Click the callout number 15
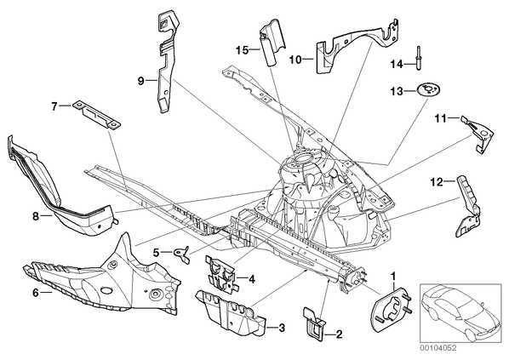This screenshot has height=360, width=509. coord(242,50)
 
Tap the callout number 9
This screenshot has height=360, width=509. coord(140,81)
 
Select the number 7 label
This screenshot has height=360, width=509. coord(54,106)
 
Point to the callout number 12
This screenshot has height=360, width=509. coord(438,182)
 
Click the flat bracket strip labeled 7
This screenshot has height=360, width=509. coord(96,115)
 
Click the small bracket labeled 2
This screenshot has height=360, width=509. coord(314,324)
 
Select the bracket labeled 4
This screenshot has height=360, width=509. coord(221,273)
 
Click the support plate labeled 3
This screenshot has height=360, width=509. coord(230,312)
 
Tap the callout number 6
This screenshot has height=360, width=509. coord(36,293)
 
